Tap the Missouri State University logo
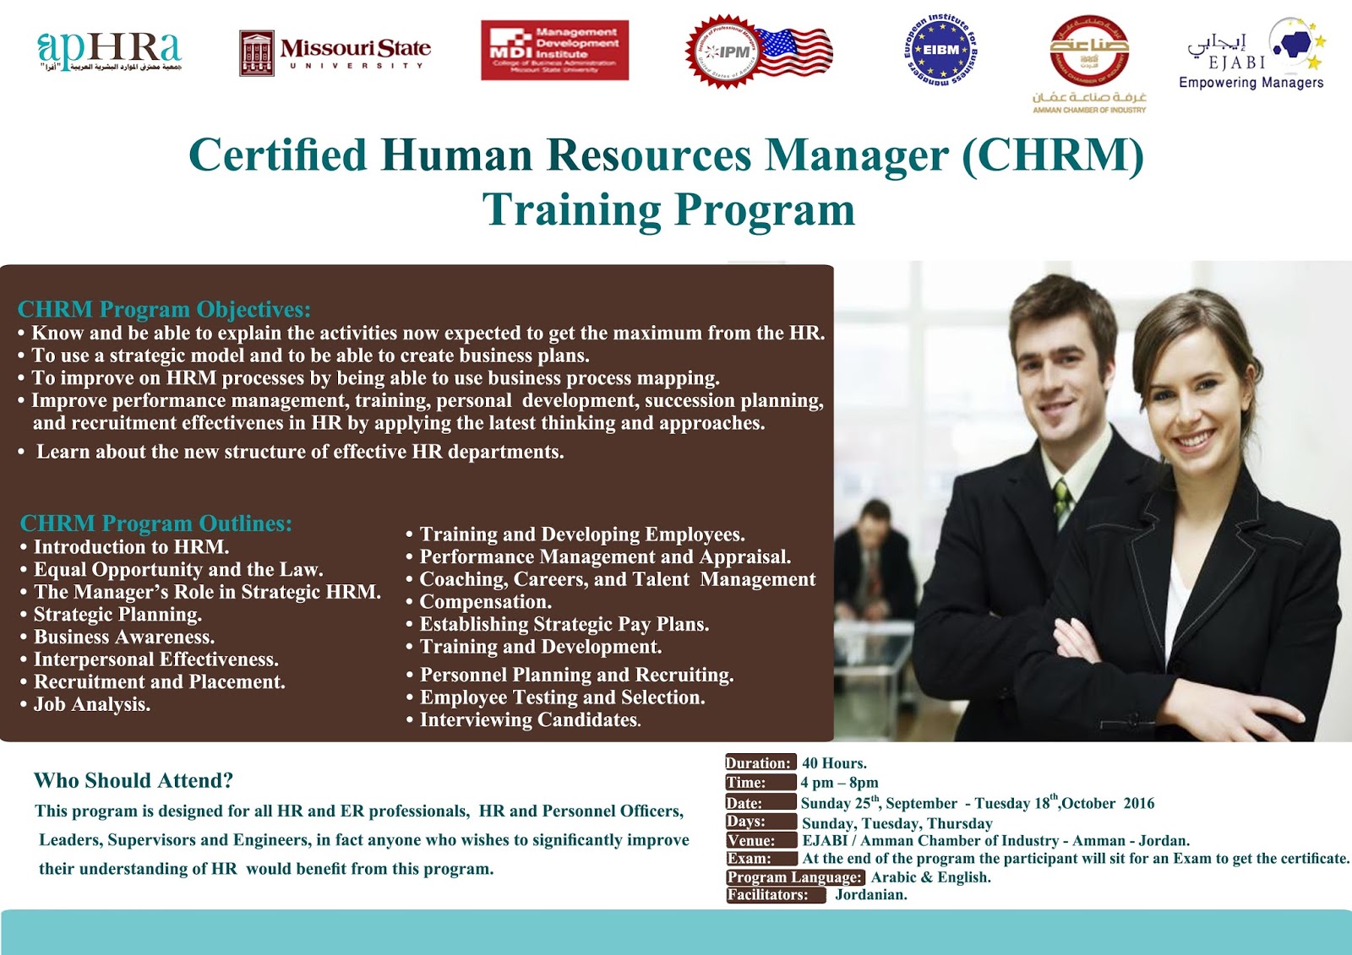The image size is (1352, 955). [x=335, y=53]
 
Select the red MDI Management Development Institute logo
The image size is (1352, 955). [x=554, y=51]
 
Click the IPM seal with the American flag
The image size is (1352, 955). [x=758, y=52]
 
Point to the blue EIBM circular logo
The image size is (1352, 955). [x=940, y=50]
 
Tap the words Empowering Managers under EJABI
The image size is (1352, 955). [x=1251, y=83]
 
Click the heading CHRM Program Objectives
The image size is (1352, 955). [x=164, y=309]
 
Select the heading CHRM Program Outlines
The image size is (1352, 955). [x=155, y=524]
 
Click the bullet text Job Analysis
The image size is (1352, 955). [x=91, y=704]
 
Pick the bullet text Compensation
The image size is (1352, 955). [x=485, y=602]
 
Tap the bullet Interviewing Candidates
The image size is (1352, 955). [x=530, y=720]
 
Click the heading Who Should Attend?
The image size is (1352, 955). [x=134, y=780]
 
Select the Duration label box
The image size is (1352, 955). [x=759, y=762]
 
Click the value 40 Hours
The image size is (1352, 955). [x=834, y=763]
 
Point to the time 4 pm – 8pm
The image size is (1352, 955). [x=839, y=783]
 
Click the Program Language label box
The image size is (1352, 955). [x=795, y=877]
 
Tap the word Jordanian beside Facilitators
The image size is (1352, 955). [x=870, y=895]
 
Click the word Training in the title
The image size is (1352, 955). [x=570, y=209]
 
